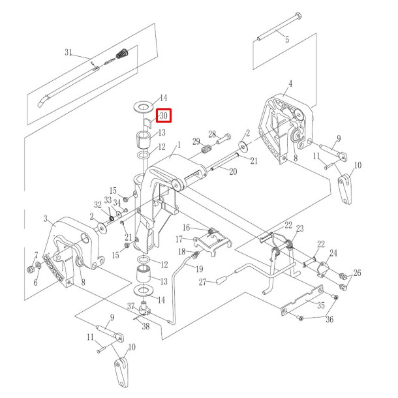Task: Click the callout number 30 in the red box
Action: tap(163, 116)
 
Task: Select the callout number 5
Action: tap(286, 40)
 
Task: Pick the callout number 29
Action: tap(196, 142)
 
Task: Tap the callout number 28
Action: tap(212, 134)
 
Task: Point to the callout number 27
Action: tap(203, 282)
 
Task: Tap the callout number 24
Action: tap(333, 253)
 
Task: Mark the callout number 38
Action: tap(145, 326)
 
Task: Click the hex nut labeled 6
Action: tap(31, 269)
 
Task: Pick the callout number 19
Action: tap(198, 269)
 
